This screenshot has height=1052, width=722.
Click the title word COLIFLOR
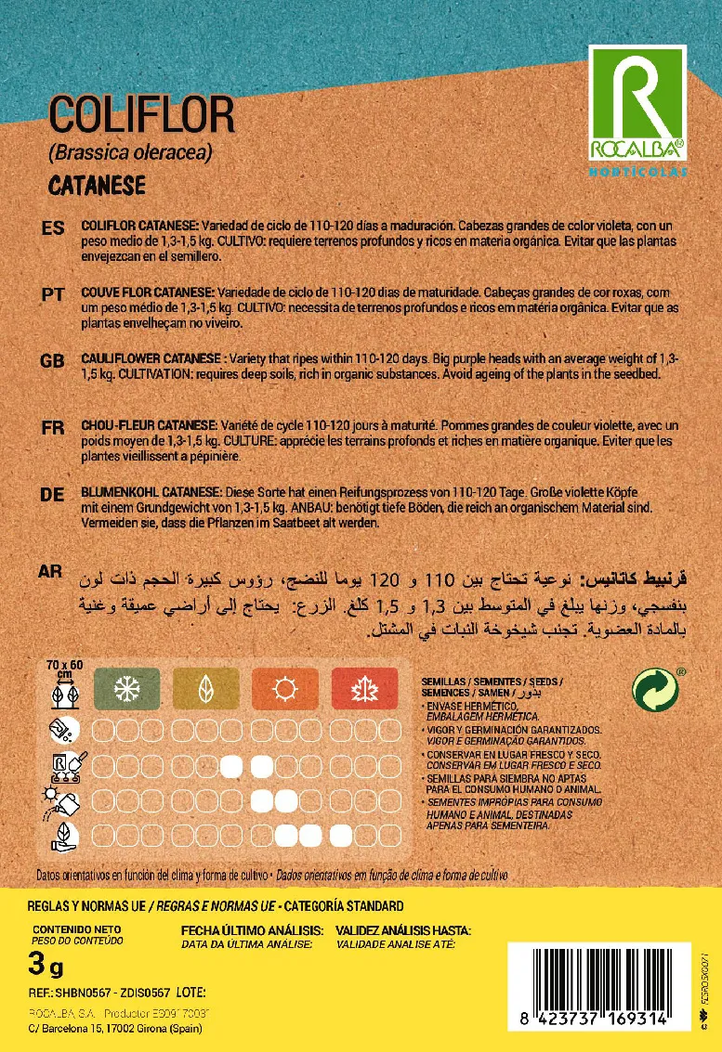(141, 118)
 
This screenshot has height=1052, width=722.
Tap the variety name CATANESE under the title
(97, 185)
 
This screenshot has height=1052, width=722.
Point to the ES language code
(53, 229)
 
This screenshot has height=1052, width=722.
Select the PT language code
(53, 294)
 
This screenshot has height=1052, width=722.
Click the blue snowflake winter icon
(127, 689)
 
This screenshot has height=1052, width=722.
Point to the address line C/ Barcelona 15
(117, 1029)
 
